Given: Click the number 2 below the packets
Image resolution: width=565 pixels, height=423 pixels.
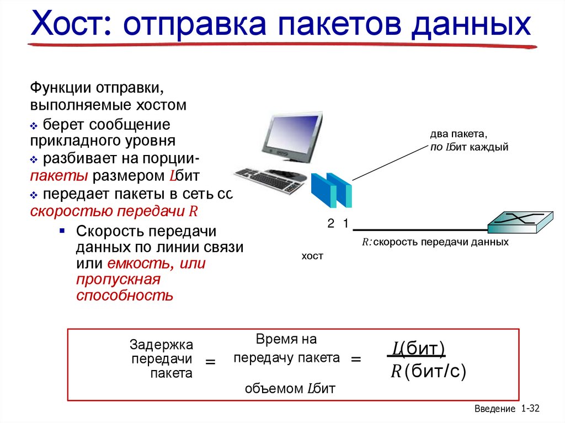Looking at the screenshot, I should [331, 224].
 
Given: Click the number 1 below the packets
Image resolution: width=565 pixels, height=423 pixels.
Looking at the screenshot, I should [345, 224].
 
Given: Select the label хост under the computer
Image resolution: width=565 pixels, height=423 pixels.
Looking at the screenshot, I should [312, 256].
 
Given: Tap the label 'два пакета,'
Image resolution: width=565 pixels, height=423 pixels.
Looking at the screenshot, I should [459, 135].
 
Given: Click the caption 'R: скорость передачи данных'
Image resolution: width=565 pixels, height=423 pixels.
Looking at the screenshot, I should [435, 242].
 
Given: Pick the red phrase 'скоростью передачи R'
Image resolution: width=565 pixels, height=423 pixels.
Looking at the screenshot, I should [114, 211].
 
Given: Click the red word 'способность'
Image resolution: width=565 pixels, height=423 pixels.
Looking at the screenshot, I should [125, 295].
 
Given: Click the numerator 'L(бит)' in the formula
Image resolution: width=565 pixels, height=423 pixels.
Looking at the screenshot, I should [418, 349].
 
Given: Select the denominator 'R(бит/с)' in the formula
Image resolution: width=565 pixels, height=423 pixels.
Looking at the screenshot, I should [428, 372].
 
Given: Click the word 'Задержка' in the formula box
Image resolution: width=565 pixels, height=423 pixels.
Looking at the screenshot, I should [161, 345].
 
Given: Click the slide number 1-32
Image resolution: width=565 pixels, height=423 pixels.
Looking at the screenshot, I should [530, 409].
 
